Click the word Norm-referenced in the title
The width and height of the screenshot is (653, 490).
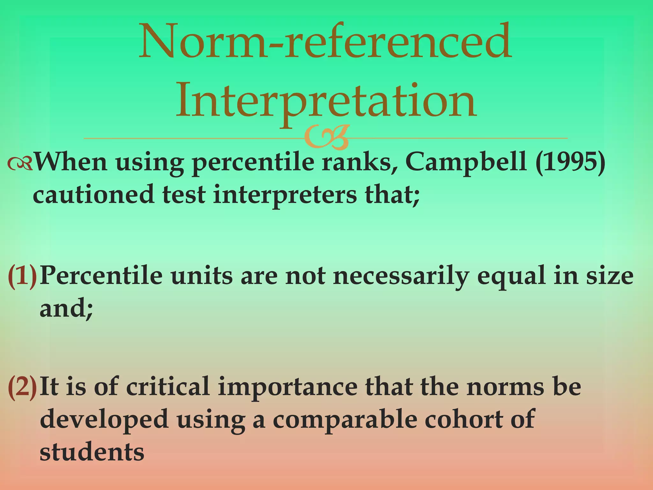325,41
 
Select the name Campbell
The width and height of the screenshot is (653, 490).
466,162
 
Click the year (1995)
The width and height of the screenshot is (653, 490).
570,162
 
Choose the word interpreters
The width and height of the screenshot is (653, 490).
285,196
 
